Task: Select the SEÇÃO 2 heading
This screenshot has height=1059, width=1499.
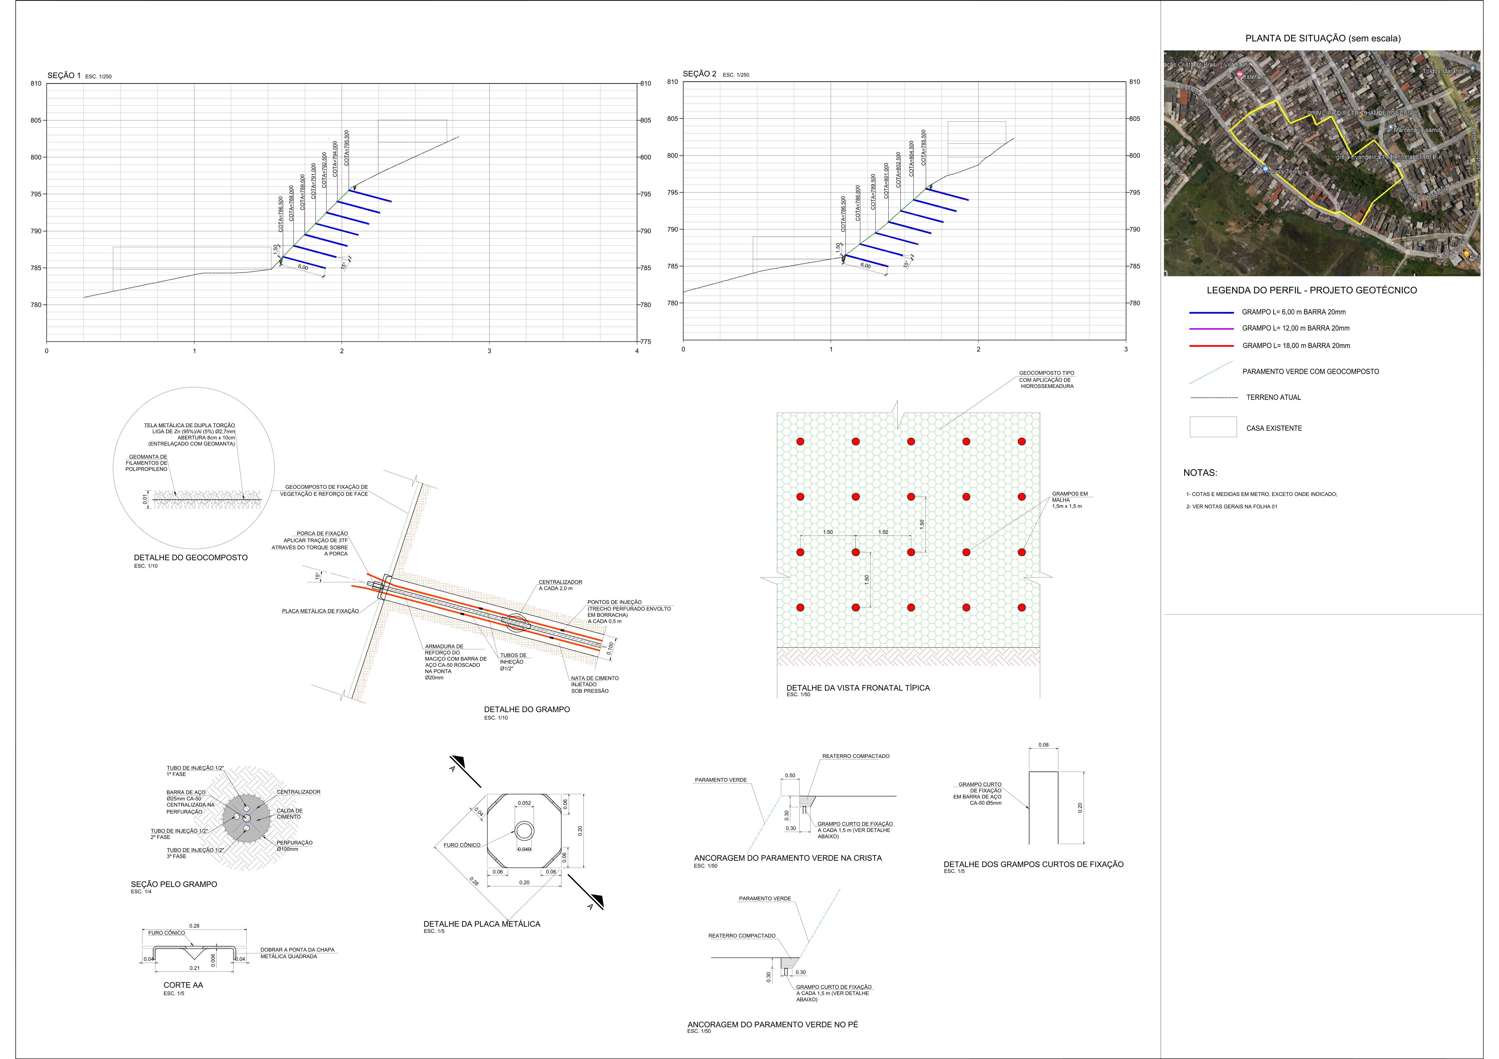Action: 699,74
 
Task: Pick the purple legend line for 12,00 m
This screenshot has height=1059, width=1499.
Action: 1211,328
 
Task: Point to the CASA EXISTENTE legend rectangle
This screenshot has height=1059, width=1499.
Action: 1212,427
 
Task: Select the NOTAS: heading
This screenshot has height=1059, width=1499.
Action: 1200,473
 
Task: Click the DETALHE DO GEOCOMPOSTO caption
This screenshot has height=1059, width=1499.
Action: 191,558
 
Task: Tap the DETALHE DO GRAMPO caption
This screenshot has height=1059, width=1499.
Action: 526,709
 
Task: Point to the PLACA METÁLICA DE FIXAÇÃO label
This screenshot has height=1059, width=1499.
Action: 320,611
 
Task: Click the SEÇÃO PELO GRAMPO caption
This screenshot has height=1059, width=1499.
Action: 174,884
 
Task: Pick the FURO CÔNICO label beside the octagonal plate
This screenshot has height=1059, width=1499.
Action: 462,845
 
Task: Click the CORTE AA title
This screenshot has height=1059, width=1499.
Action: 183,984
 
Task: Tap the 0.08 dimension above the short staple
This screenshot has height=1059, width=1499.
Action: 1043,745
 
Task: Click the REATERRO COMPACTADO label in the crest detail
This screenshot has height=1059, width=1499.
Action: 855,756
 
